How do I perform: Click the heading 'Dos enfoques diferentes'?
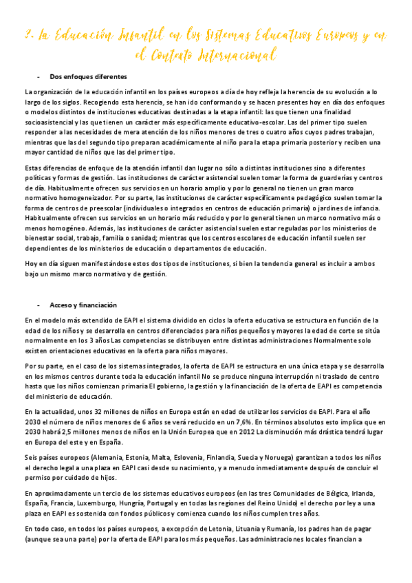pyautogui.click(x=87, y=76)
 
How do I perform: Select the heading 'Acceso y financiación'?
pyautogui.click(x=83, y=305)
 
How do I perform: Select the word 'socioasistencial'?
pyautogui.click(x=50, y=122)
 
